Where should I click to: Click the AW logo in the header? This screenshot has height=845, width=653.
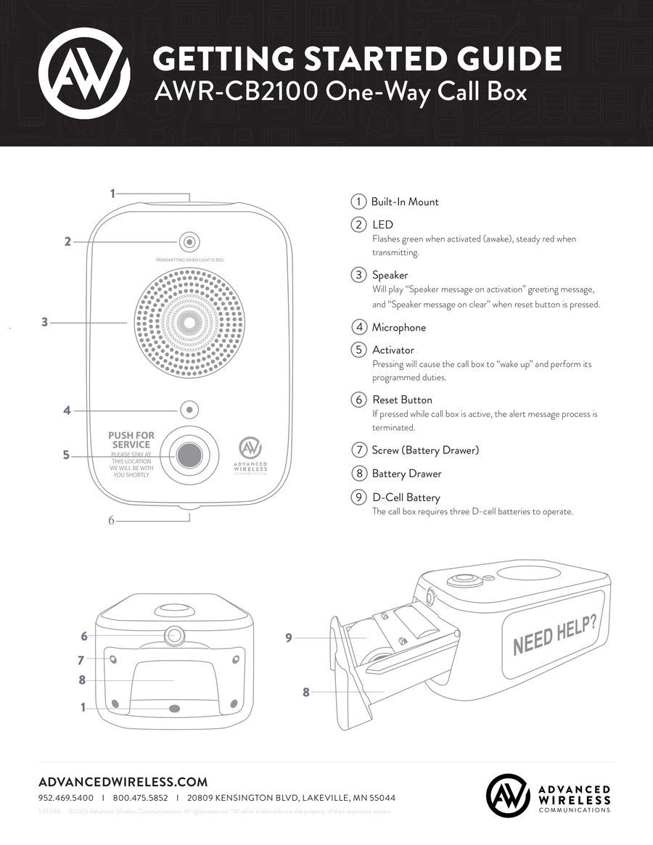(84, 73)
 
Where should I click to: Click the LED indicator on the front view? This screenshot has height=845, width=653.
(189, 242)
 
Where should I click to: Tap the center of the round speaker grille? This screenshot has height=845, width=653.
(189, 322)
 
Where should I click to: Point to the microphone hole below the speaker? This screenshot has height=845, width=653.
(189, 410)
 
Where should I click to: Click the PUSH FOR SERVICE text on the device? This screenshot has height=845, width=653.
(131, 440)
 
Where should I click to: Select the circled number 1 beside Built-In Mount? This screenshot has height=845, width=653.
(358, 202)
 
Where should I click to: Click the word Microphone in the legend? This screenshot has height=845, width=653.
(399, 327)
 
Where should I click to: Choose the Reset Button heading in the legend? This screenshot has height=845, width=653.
(402, 400)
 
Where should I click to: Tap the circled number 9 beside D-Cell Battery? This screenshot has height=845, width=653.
(358, 498)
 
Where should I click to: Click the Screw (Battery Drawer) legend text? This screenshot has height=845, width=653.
(425, 450)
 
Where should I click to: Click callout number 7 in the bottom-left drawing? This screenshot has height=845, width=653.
(81, 659)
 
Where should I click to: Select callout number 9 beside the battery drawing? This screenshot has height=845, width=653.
(288, 638)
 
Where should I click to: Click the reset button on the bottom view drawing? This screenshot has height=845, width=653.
(175, 636)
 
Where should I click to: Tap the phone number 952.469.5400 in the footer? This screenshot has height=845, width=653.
(65, 798)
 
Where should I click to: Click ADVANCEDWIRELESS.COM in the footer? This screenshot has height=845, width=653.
(123, 782)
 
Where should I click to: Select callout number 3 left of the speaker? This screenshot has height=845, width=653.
(45, 322)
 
